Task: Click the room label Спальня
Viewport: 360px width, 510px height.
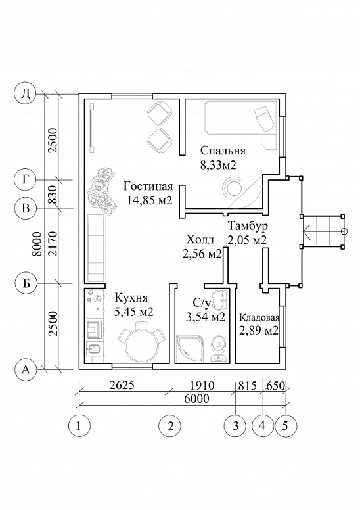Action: (x=223, y=151)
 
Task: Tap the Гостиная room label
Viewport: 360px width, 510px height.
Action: (x=148, y=187)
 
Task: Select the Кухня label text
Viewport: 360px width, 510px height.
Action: (x=131, y=298)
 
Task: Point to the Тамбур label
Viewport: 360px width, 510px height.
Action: (x=248, y=226)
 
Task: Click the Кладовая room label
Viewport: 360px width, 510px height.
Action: (x=259, y=317)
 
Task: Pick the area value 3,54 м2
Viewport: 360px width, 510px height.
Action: (x=205, y=317)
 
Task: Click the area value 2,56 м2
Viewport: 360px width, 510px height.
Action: (x=202, y=254)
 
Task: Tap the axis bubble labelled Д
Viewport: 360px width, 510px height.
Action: (x=25, y=94)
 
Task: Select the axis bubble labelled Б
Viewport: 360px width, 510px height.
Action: (x=26, y=284)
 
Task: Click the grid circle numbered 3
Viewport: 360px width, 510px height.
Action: (x=236, y=425)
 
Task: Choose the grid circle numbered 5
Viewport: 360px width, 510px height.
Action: (x=286, y=425)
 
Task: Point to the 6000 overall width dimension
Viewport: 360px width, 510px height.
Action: (x=198, y=398)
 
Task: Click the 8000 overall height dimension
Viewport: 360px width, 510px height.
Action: (x=38, y=244)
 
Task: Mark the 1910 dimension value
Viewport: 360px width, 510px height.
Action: (x=203, y=385)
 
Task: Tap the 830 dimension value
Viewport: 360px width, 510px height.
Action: (x=53, y=195)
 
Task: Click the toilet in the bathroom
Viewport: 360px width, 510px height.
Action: (x=219, y=349)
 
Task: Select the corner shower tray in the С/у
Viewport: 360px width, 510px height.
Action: (x=190, y=349)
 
